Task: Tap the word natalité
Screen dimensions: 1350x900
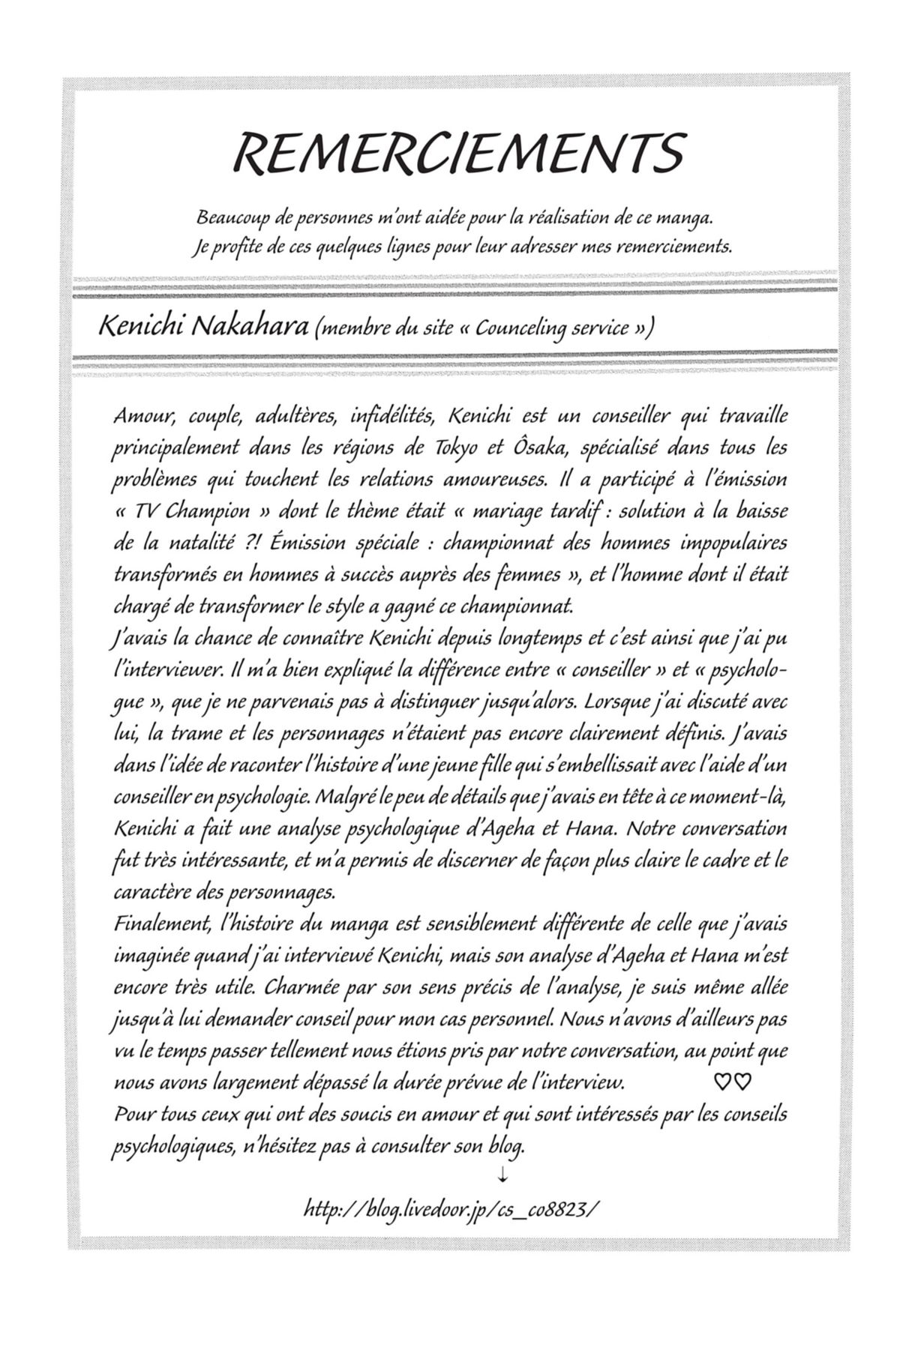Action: point(218,543)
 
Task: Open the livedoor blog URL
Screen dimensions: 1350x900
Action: point(452,1208)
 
